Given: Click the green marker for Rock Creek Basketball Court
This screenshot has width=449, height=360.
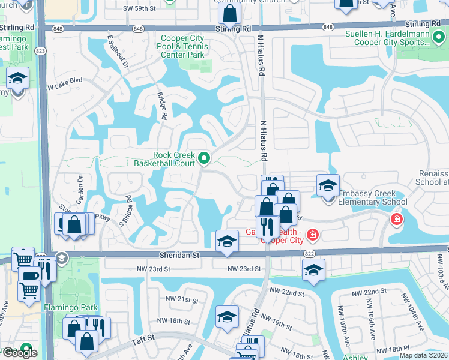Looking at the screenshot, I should point(204,159).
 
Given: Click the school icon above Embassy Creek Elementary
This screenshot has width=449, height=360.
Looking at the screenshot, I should point(328,185).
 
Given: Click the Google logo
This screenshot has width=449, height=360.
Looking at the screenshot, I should point(19,353).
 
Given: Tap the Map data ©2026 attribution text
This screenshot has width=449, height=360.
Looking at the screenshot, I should point(423,355).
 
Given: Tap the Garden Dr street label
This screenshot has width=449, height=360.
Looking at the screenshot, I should point(79,187).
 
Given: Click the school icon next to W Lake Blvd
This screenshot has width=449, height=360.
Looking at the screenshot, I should point(17,79).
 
